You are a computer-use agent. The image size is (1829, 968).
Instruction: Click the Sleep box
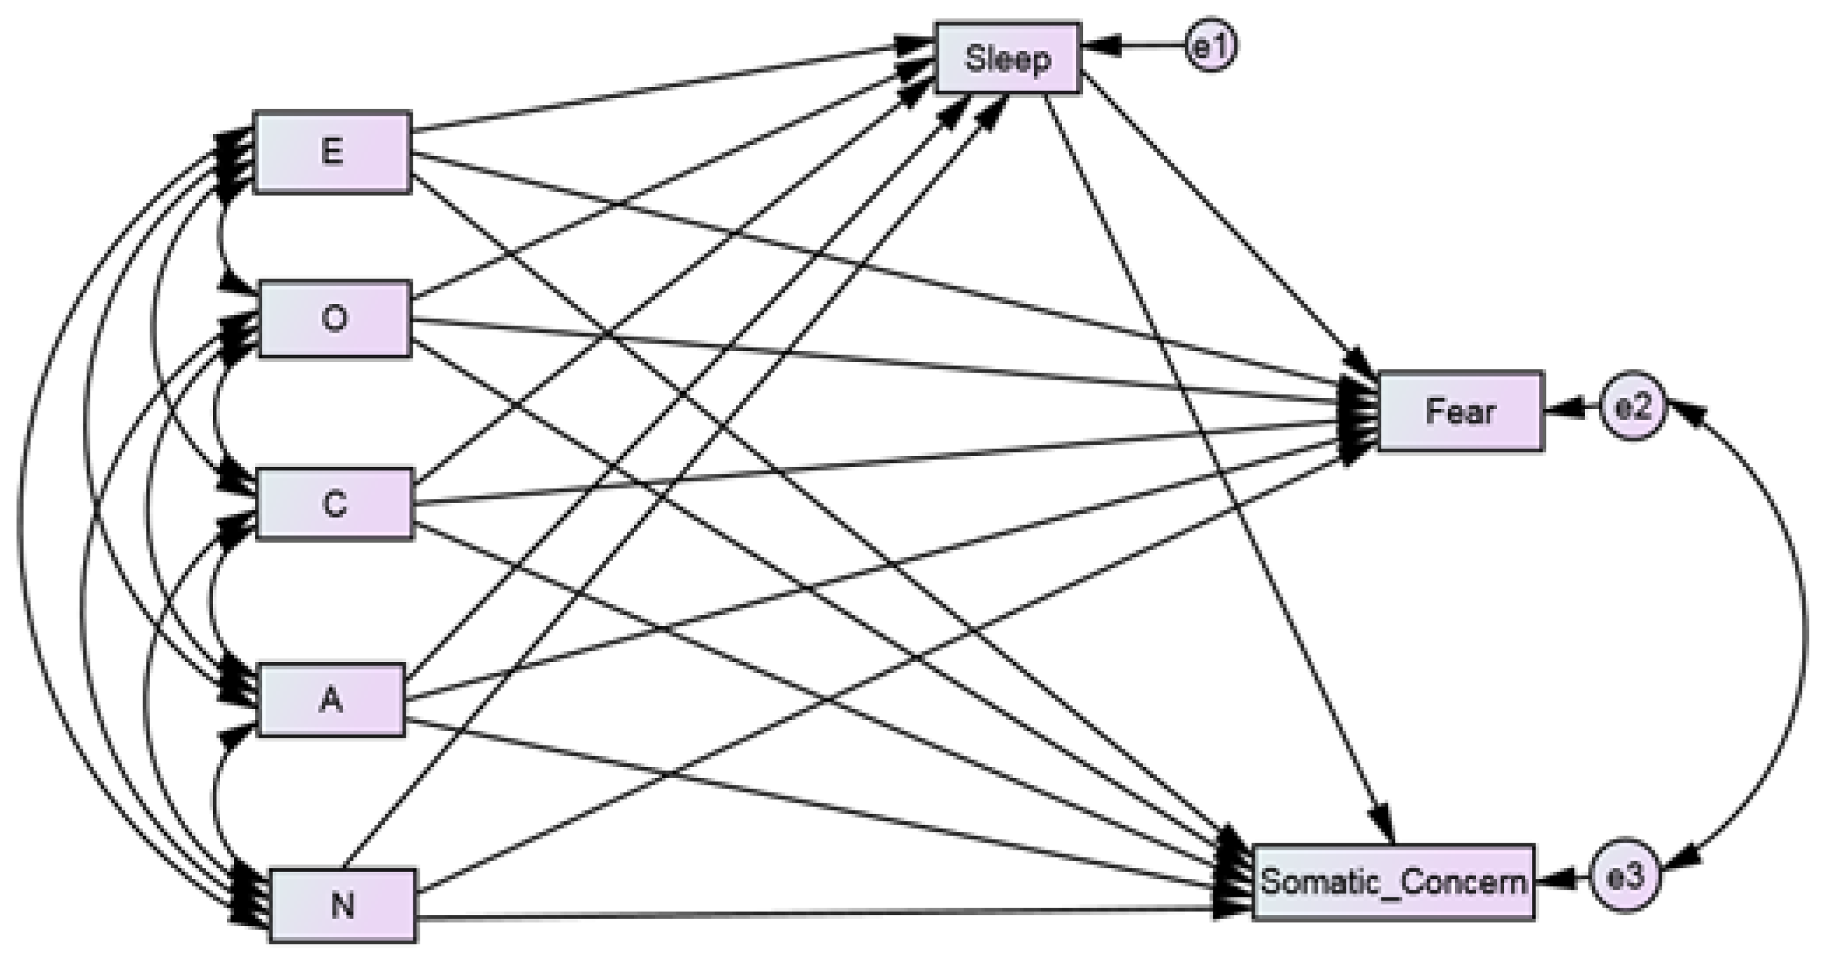click(1008, 59)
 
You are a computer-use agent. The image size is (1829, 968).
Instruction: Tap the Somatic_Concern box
click(1393, 883)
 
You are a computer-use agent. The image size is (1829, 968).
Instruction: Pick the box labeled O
click(335, 319)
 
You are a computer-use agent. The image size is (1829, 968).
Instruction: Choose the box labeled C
click(335, 504)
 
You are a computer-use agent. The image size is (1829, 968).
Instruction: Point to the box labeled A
click(331, 700)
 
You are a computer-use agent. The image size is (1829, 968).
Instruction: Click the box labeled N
click(343, 906)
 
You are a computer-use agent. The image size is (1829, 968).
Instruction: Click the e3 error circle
click(1624, 877)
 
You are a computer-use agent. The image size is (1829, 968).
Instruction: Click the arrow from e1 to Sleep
click(1136, 45)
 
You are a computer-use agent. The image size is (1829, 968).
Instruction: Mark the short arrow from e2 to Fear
click(1573, 408)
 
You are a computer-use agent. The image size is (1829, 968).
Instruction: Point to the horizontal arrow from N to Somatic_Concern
click(817, 914)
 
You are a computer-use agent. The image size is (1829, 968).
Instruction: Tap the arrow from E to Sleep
click(660, 89)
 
